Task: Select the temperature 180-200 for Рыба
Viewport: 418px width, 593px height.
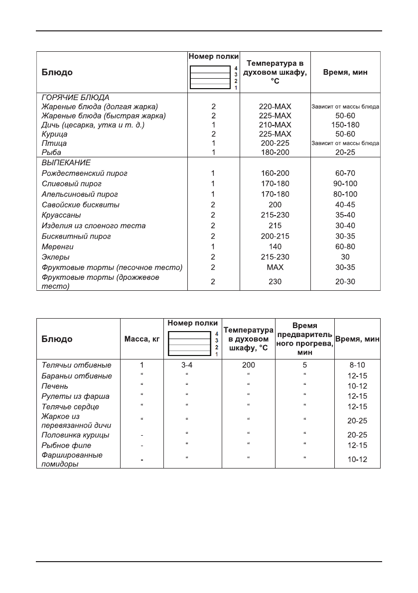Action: pyautogui.click(x=275, y=152)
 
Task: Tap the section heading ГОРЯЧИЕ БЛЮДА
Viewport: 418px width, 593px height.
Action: pyautogui.click(x=75, y=97)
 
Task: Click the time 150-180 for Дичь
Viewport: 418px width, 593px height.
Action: pyautogui.click(x=345, y=125)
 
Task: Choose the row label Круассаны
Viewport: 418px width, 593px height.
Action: pyautogui.click(x=62, y=215)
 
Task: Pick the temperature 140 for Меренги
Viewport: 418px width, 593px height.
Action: pyautogui.click(x=275, y=246)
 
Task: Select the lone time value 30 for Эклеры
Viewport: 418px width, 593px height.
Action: pyautogui.click(x=345, y=257)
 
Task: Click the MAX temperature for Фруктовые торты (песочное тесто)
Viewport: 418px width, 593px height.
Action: pyautogui.click(x=275, y=267)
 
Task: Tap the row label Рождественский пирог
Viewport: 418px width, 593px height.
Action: pyautogui.click(x=85, y=173)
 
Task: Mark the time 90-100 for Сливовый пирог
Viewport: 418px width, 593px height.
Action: pyautogui.click(x=345, y=184)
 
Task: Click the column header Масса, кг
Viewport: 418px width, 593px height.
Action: pyautogui.click(x=142, y=339)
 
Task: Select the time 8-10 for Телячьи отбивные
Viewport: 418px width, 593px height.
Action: pyautogui.click(x=357, y=365)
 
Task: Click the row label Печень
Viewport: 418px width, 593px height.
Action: pyautogui.click(x=55, y=386)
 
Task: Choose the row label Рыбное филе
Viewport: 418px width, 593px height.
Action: pyautogui.click(x=66, y=445)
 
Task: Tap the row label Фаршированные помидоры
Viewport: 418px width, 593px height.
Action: pyautogui.click(x=72, y=460)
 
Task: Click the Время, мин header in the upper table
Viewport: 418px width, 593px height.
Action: pyautogui.click(x=345, y=72)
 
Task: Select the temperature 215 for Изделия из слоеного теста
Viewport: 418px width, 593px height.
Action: pyautogui.click(x=275, y=226)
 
